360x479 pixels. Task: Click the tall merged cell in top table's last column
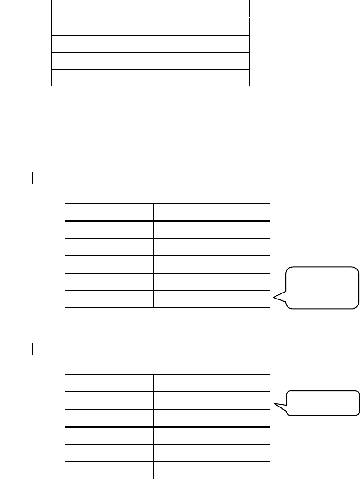point(274,52)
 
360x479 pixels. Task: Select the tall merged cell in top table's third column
point(258,52)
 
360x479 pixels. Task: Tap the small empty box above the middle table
point(17,178)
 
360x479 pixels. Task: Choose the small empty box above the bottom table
point(17,349)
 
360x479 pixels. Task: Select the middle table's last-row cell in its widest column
point(211,299)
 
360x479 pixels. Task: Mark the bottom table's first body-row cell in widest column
point(211,401)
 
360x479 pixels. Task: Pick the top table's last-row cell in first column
point(118,77)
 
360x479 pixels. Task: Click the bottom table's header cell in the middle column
point(120,383)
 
